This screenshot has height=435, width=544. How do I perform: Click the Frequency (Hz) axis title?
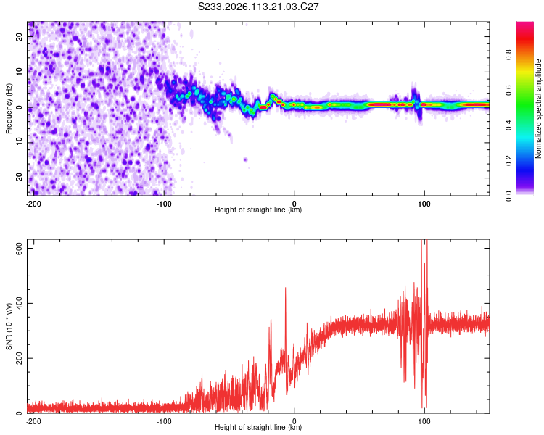9,108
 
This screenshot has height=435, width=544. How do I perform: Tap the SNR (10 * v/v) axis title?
9,328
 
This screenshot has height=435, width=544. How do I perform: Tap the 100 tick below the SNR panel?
424,420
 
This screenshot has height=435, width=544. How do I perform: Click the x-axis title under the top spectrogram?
258,210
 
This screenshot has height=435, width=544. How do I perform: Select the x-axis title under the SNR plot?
258,428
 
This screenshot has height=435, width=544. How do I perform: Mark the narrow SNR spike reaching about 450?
286,290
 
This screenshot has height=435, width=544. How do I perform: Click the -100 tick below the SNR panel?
164,420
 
